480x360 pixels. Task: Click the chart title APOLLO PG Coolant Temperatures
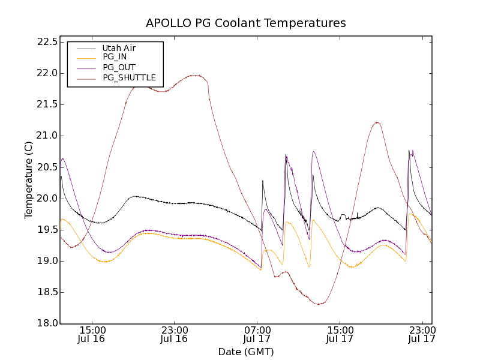pos(246,23)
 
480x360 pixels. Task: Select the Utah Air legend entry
pos(119,48)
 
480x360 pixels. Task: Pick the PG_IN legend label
pos(115,57)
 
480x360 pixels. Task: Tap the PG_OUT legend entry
pos(119,67)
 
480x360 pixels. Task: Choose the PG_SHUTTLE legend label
pos(129,77)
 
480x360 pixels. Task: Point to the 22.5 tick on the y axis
pos(47,42)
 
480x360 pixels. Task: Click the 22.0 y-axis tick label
pos(47,73)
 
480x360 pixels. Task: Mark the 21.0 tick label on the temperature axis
pos(47,136)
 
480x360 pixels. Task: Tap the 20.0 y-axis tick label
pos(47,199)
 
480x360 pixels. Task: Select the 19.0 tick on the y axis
pos(47,261)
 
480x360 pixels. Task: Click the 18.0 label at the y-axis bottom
pos(47,323)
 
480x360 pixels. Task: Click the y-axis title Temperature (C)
pos(29,180)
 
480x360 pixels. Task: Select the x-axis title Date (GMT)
pos(246,352)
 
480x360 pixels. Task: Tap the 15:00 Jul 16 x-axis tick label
pos(92,334)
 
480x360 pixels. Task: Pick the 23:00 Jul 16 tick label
pos(175,334)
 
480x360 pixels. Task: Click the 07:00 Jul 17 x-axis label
pos(257,334)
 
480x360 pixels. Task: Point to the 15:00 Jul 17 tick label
pos(340,334)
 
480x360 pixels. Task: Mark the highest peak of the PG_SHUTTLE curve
pos(195,75)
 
